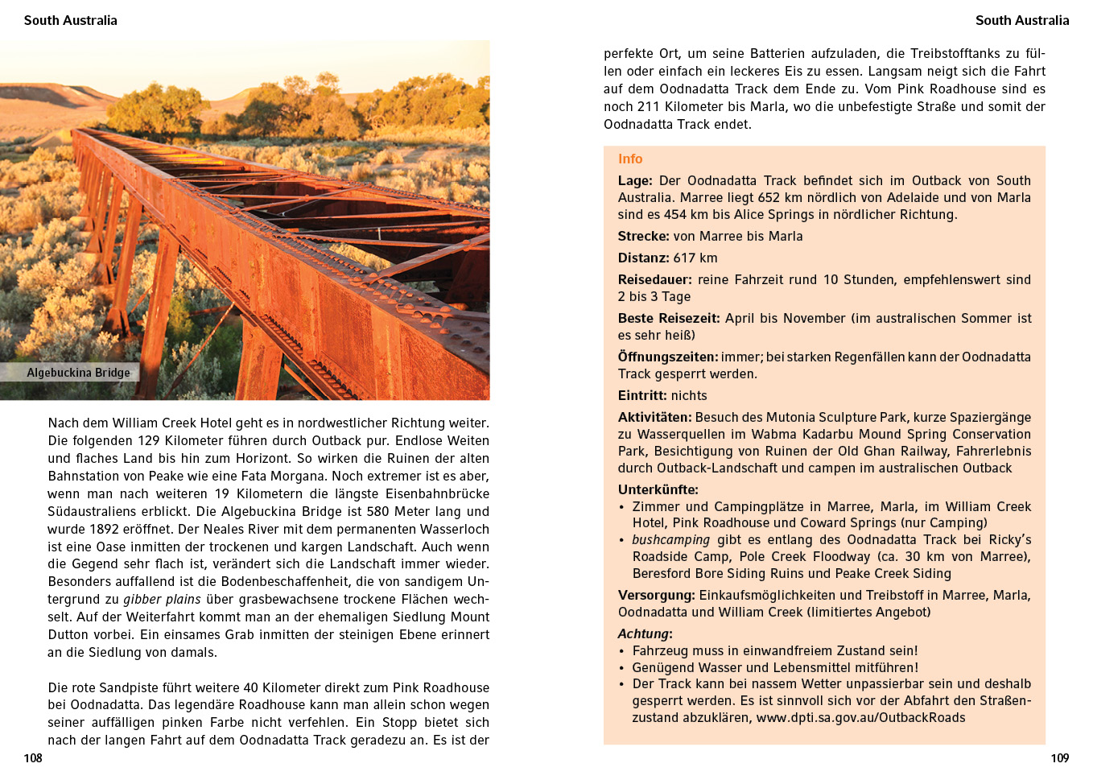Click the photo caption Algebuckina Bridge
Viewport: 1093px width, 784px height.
click(x=78, y=373)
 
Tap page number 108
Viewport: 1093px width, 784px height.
click(x=33, y=758)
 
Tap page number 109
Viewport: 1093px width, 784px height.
click(x=1060, y=758)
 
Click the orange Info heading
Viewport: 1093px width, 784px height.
click(x=630, y=159)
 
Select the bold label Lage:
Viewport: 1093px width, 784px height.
click(x=635, y=181)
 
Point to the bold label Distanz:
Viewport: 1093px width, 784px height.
click(x=643, y=258)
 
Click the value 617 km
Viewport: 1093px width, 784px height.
click(x=695, y=258)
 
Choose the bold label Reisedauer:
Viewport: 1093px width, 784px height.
click(x=654, y=280)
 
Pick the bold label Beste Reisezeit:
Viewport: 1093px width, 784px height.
click(x=669, y=319)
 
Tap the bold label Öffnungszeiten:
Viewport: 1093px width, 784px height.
click(x=667, y=357)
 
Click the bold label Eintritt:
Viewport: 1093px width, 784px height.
click(x=642, y=396)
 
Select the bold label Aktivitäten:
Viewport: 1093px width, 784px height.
click(x=654, y=418)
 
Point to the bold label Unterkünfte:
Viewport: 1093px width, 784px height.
click(x=658, y=490)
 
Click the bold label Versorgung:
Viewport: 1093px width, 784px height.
click(x=656, y=596)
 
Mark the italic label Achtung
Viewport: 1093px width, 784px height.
click(x=643, y=634)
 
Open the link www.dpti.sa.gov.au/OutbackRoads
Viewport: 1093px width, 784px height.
click(x=860, y=718)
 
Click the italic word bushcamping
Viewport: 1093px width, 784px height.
click(x=670, y=540)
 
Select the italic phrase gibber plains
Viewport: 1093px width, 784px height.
click(x=162, y=600)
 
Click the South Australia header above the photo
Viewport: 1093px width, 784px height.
click(x=71, y=21)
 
